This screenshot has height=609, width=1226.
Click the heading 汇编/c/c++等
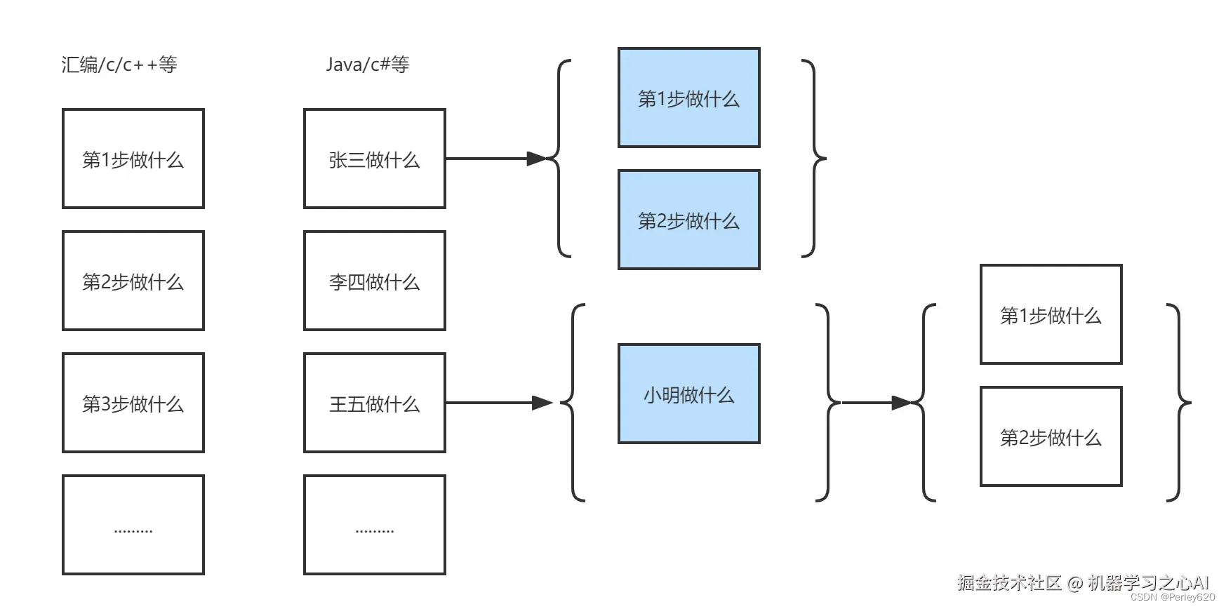pos(119,65)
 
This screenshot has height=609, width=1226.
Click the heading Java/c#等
pos(367,65)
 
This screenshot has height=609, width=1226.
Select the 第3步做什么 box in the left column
pos(133,403)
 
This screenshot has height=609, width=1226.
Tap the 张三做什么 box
pos(374,159)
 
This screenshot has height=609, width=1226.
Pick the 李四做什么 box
pos(374,281)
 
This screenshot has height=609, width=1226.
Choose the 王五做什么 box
pos(374,403)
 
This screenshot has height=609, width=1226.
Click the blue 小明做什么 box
pos(688,394)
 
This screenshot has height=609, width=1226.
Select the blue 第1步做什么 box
pos(688,98)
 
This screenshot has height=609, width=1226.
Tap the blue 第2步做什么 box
pos(688,220)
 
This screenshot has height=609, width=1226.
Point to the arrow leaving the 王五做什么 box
pos(498,403)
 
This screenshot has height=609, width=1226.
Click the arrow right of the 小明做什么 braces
pos(877,403)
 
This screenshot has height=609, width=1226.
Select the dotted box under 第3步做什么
pos(133,525)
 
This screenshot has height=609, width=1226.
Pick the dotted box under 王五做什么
pos(374,525)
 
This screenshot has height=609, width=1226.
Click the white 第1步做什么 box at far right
pos(1051,314)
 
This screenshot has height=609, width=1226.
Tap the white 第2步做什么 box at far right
pos(1051,436)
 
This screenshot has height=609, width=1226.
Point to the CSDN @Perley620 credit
pos(1173,597)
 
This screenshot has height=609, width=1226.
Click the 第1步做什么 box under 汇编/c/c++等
pos(133,159)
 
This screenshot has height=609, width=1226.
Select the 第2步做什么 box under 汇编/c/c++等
pos(133,281)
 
